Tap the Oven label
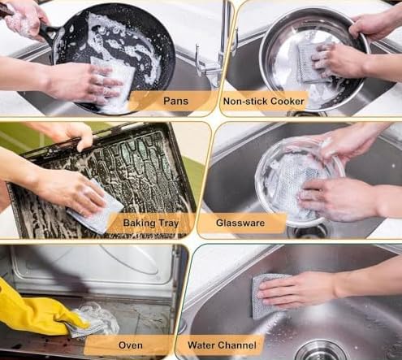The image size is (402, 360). (131, 345)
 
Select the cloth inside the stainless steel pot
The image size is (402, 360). (313, 63)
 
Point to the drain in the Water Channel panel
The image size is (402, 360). (320, 351)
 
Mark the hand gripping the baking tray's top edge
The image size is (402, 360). (69, 132)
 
